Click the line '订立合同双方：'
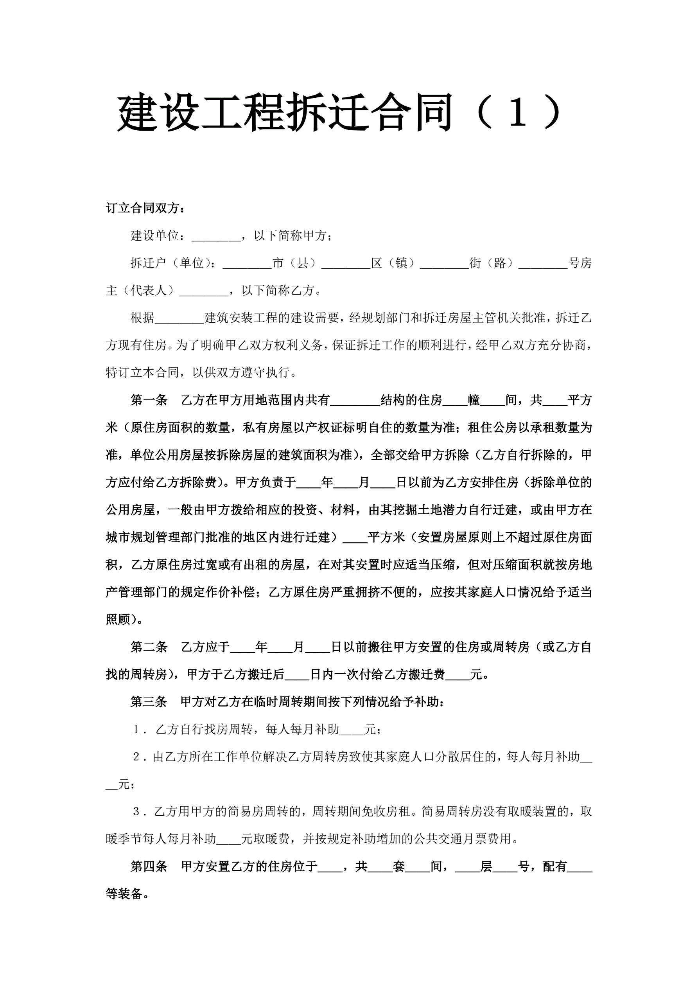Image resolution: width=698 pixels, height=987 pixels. point(147,209)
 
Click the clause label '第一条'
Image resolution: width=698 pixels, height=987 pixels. point(149,401)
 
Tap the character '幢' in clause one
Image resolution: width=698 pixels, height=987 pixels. point(474,401)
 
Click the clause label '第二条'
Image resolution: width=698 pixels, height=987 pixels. point(149,647)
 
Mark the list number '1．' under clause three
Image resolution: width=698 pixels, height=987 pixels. point(140,730)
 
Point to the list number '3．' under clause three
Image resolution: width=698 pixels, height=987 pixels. point(140,812)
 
